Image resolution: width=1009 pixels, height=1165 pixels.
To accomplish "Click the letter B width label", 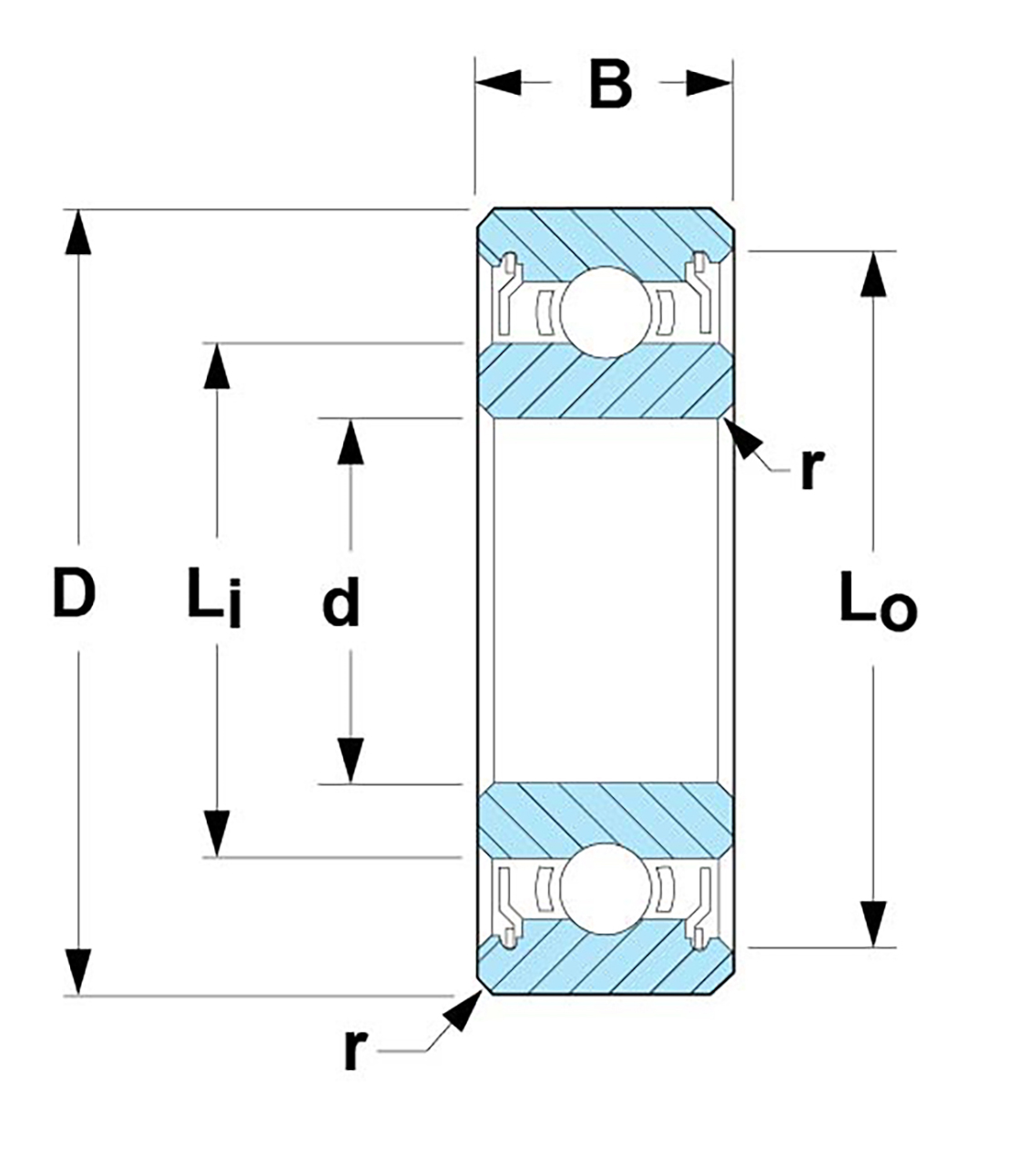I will pos(609,84).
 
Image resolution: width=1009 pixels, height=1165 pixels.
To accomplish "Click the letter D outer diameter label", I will pos(75,592).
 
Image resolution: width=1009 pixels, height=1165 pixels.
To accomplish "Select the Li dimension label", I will pos(215,598).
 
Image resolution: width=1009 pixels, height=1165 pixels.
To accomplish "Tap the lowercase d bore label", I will pos(341,603).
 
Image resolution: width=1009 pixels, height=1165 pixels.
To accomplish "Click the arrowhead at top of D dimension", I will pos(80,233).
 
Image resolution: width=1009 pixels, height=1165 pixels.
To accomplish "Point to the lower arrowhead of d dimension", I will pos(351,761).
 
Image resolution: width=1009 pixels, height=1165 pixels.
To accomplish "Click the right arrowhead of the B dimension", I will pos(709,84).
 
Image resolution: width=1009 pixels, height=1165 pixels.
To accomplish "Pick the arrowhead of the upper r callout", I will pos(742,438).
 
